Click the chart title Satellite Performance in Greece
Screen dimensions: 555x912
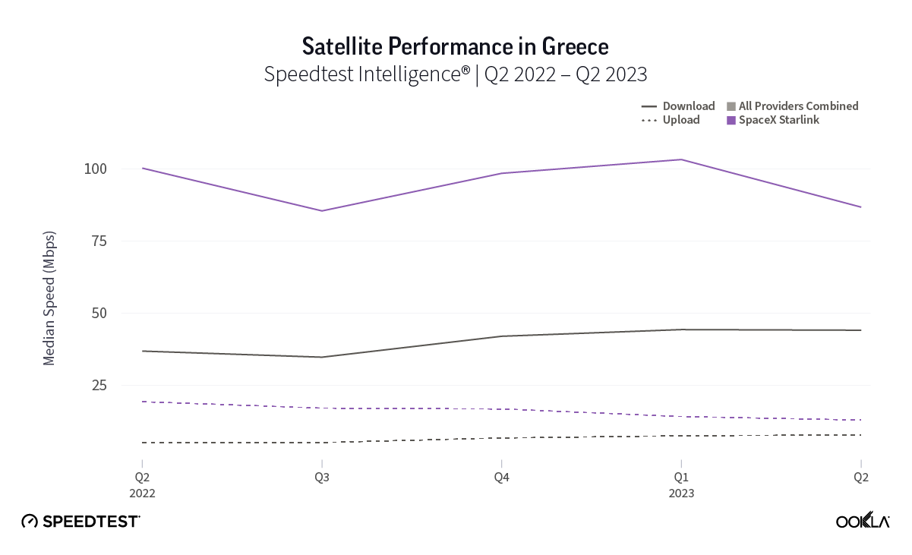point(456,46)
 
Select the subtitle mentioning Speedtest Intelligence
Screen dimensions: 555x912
point(456,74)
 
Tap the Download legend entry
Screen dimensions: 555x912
point(678,106)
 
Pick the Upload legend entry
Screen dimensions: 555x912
point(671,120)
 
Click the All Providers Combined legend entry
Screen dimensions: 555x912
point(792,106)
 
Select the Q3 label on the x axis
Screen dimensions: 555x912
point(321,478)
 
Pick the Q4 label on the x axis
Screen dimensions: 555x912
point(501,478)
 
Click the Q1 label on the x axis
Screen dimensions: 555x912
point(681,478)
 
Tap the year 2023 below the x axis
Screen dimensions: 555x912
point(681,494)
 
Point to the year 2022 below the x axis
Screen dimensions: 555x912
point(142,494)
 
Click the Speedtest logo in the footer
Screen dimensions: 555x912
point(80,521)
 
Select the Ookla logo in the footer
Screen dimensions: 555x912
point(863,521)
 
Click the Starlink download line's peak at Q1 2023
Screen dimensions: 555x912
point(681,159)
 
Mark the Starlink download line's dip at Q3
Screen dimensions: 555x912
point(321,211)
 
